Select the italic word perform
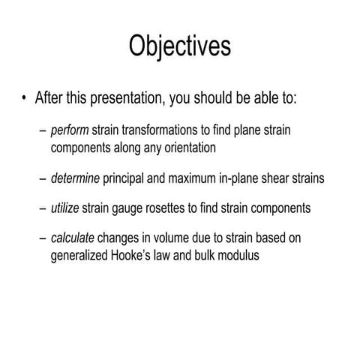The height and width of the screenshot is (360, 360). [70, 131]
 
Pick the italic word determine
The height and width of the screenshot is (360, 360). [75, 178]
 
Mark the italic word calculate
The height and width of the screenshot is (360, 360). [73, 239]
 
